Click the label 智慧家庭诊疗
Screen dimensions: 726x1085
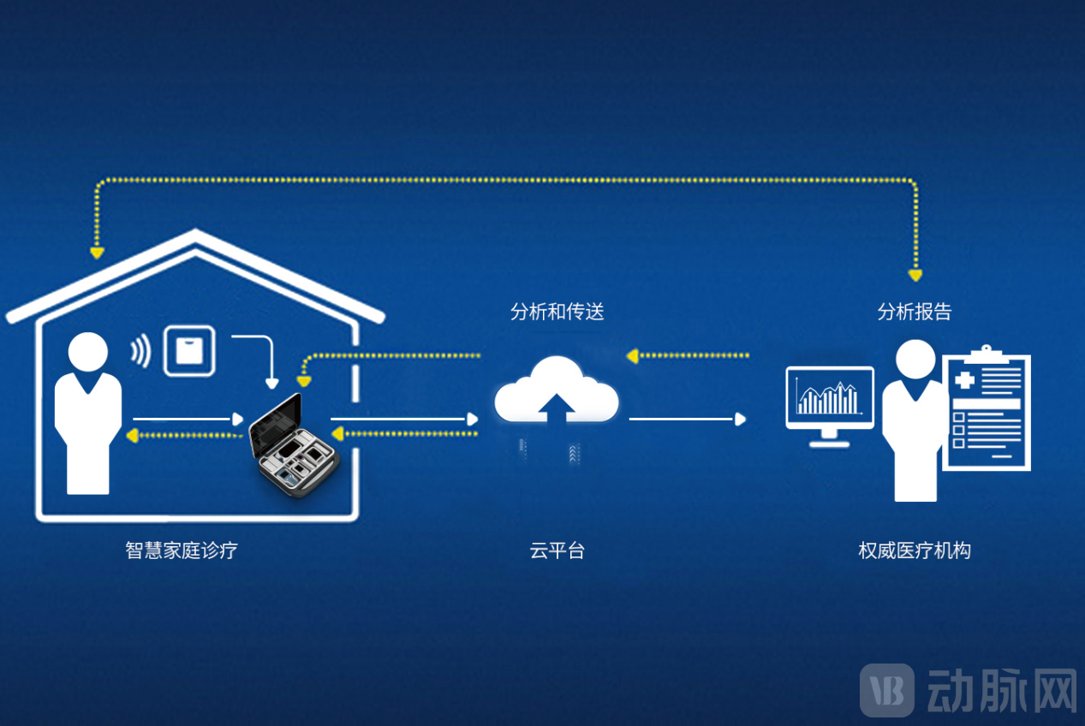182,550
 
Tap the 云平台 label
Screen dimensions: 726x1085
557,550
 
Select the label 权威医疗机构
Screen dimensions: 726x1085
915,550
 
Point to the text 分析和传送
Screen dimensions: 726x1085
557,312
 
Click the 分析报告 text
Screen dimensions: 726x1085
915,312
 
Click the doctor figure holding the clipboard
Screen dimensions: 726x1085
914,420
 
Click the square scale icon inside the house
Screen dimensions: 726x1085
189,351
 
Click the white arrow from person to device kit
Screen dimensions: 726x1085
188,419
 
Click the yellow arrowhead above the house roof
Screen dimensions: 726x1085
97,253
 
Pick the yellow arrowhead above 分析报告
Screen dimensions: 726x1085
915,276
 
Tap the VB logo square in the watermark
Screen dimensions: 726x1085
886,690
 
